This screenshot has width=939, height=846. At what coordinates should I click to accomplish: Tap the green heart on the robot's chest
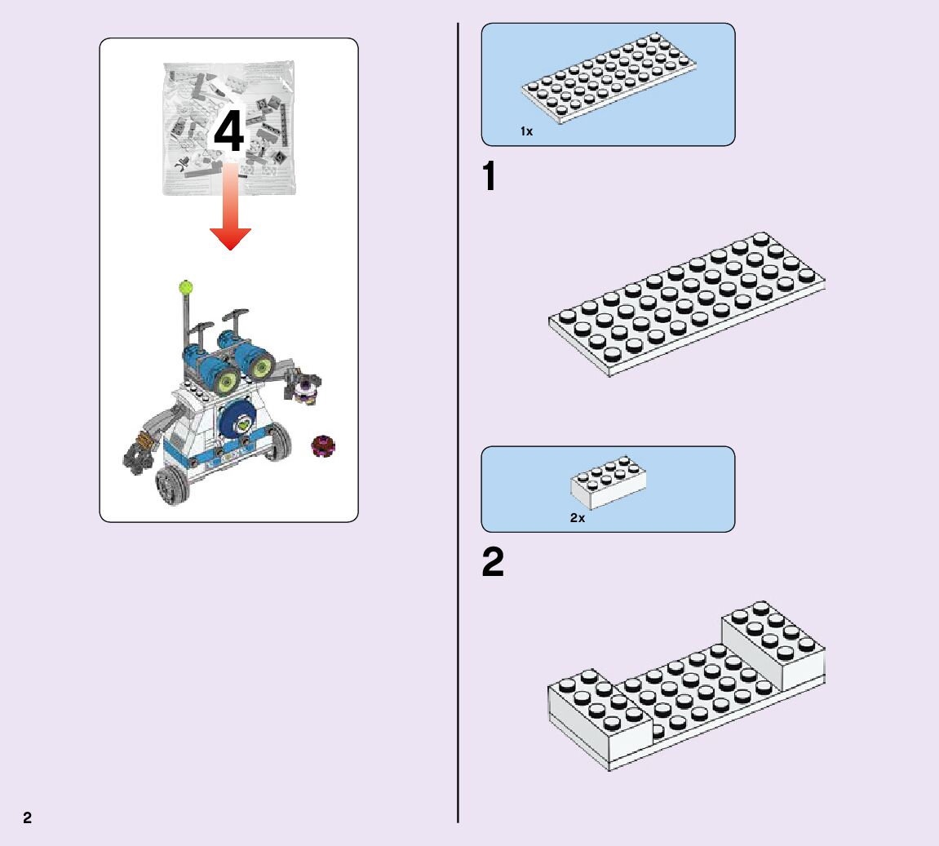tap(244, 424)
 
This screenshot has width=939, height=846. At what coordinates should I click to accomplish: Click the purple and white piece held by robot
tap(307, 389)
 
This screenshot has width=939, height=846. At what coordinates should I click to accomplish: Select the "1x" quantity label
tap(526, 131)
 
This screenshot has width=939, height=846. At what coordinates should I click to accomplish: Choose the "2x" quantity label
tap(578, 518)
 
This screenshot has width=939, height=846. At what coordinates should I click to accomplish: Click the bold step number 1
tap(489, 177)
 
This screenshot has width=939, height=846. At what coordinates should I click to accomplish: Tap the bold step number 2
tap(493, 563)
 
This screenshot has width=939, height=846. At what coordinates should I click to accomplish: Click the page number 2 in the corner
tap(28, 817)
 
